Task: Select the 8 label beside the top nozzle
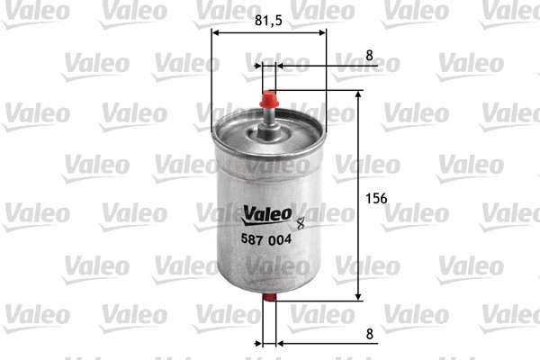369,55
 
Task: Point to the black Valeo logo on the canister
266,214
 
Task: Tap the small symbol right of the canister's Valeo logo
300,216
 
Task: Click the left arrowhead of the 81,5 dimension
216,33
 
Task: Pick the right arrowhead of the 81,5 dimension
322,33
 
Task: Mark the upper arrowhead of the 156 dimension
359,94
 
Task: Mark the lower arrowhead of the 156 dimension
359,296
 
